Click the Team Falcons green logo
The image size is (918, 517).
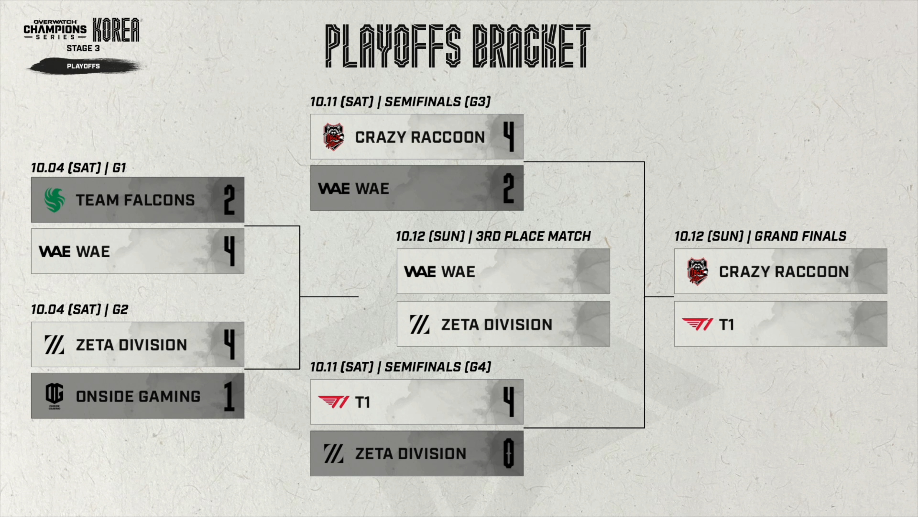coord(54,200)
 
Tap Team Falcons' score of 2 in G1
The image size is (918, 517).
coord(229,200)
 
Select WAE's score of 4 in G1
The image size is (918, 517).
coord(229,251)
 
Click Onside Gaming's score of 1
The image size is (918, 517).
coord(229,396)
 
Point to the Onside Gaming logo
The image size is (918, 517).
coord(54,395)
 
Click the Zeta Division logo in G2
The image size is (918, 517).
coord(54,345)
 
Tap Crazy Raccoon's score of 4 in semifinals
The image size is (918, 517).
coord(509,137)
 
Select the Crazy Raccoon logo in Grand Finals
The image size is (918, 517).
coord(697,271)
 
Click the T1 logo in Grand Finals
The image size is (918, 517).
coord(697,325)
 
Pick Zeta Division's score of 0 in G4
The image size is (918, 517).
coord(509,454)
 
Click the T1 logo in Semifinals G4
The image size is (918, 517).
coord(333,402)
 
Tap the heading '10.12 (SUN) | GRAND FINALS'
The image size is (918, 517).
coord(760,236)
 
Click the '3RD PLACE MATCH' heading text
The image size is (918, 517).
coord(533,236)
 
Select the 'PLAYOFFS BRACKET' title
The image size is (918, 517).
coord(458,46)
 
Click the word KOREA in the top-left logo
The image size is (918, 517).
coord(116,30)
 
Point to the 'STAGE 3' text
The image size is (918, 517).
coord(83,48)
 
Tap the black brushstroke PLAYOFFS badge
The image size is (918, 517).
coord(84,66)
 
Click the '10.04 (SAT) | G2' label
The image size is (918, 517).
coord(79,310)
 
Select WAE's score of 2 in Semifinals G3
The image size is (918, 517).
coord(509,189)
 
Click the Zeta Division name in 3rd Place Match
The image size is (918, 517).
coord(496,325)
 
